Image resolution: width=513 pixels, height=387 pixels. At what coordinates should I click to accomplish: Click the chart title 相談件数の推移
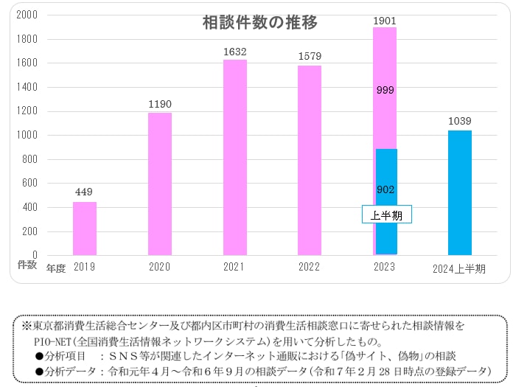pos(260,23)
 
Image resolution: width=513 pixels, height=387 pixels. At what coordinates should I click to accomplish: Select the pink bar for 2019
pos(85,229)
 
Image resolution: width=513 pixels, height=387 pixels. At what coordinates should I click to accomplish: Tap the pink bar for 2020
pos(160,184)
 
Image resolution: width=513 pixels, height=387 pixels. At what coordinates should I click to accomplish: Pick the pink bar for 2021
pos(235,158)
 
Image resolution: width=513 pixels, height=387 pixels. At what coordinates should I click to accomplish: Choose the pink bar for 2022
pos(310,161)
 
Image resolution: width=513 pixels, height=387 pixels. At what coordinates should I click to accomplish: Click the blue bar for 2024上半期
pos(460,193)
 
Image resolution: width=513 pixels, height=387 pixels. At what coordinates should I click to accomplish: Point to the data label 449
pos(84,192)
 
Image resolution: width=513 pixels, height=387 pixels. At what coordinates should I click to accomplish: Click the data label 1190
pos(159,104)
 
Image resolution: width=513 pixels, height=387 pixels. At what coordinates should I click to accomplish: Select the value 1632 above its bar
pos(235,52)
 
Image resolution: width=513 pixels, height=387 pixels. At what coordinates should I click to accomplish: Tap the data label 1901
pos(385,19)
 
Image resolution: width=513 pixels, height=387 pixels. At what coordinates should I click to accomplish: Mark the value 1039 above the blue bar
pos(460,121)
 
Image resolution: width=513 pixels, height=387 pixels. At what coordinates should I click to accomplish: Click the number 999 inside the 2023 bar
pos(385,91)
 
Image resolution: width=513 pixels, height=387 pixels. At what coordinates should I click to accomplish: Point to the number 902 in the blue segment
pos(385,189)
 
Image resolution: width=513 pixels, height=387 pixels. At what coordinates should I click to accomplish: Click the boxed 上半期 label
pos(387,215)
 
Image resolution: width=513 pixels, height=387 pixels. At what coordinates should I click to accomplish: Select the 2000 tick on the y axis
pos(27,15)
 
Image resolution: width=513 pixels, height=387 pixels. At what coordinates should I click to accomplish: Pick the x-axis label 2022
pos(310,268)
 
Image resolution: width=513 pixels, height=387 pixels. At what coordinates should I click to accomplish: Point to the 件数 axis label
pos(27,264)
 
